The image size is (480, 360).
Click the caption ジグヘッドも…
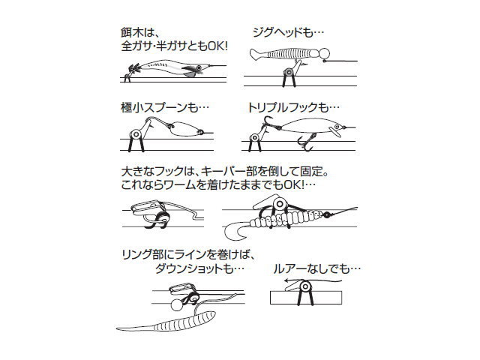(288, 31)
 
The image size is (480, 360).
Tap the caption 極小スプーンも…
(165, 107)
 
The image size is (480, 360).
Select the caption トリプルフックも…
(293, 107)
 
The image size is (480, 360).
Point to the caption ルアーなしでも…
(316, 268)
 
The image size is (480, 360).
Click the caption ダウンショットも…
(200, 268)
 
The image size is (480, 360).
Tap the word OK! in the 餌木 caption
(217, 46)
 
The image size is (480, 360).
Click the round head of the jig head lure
(324, 53)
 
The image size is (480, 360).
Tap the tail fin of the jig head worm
(257, 54)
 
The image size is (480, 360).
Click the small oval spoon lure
(181, 128)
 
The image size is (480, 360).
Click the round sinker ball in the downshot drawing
(176, 305)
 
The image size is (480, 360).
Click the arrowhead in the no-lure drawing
(286, 280)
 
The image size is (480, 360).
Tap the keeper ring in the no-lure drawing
(305, 286)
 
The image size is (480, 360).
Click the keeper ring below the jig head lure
(288, 72)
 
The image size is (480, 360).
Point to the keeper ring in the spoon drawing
(136, 134)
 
